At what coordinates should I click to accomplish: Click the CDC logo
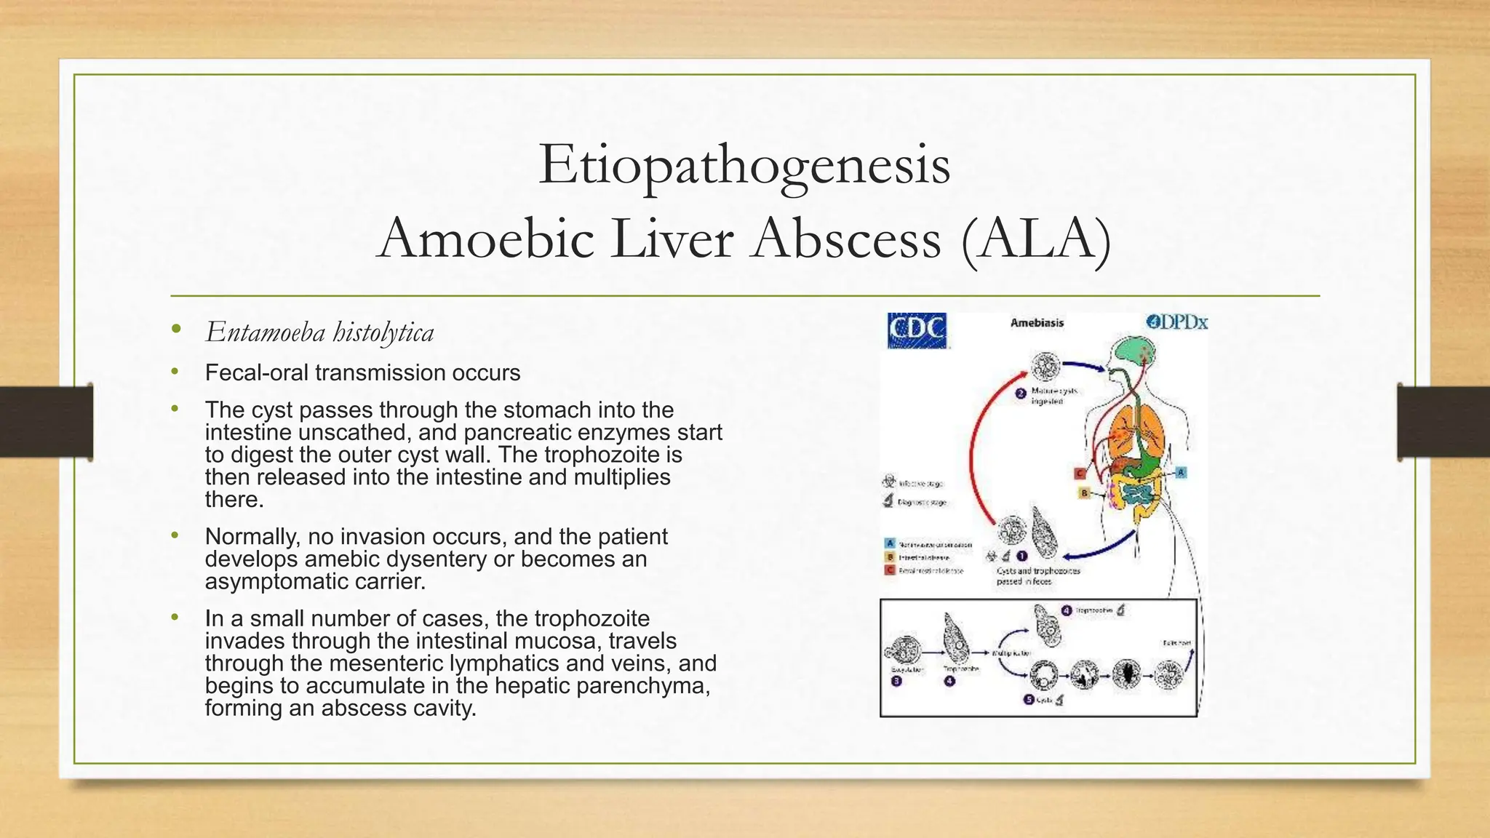(917, 330)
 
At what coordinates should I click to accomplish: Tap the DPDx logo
(1176, 322)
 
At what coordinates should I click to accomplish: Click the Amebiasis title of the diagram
(1037, 322)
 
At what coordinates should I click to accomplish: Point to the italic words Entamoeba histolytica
(319, 332)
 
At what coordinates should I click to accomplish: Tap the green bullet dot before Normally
(175, 536)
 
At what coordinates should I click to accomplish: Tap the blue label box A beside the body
(1180, 472)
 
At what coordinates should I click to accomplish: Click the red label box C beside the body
(1080, 474)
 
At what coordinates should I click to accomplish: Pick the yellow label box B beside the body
(1083, 493)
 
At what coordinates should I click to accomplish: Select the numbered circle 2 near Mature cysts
(1021, 394)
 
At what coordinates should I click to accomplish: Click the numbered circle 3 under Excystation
(896, 681)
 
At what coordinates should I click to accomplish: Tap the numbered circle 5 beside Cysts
(1028, 699)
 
